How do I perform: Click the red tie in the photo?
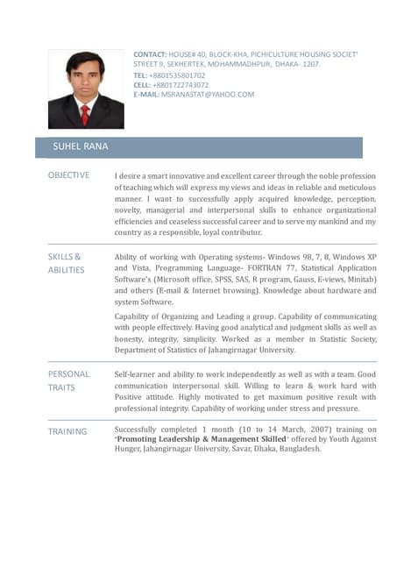[85, 114]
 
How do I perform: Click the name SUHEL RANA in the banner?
[81, 146]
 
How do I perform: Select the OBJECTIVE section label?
[68, 175]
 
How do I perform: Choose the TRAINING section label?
[67, 431]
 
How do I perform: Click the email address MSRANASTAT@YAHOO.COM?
[208, 95]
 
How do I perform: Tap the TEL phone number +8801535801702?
[178, 75]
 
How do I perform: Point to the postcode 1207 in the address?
[309, 65]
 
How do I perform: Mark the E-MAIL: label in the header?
[146, 95]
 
